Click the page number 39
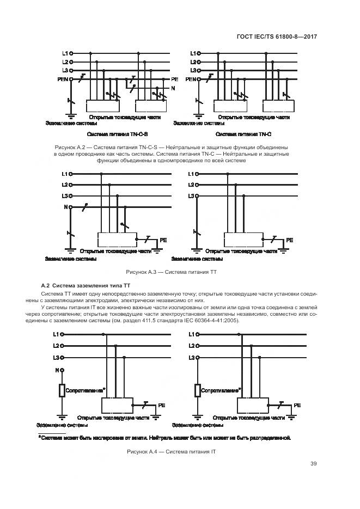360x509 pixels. click(x=313, y=464)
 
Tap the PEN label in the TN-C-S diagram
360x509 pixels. click(x=63, y=79)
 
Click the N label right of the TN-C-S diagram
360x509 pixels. click(x=173, y=88)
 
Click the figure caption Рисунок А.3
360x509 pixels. click(x=172, y=271)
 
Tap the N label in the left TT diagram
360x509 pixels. click(x=65, y=207)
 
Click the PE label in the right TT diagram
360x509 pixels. click(x=289, y=240)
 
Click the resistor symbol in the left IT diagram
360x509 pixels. click(x=62, y=391)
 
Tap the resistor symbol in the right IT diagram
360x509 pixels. click(x=197, y=391)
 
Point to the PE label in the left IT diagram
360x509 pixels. click(x=161, y=406)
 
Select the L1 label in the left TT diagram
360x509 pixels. click(x=64, y=174)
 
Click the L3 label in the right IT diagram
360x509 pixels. click(x=191, y=358)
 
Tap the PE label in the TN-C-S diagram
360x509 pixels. click(x=175, y=79)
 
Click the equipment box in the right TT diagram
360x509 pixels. click(x=242, y=240)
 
